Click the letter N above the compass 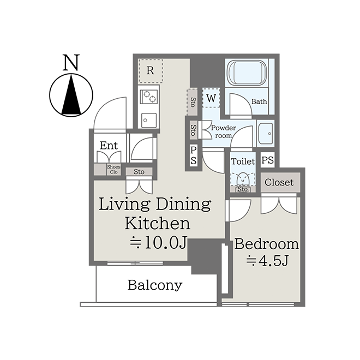[x=71, y=62]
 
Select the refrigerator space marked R [x=151, y=71]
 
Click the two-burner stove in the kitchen [x=149, y=97]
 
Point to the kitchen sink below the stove [x=149, y=120]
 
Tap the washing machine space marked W [x=211, y=98]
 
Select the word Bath [x=259, y=101]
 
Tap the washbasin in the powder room [x=266, y=134]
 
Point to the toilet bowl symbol [x=243, y=179]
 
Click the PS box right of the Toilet [x=267, y=160]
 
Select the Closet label [x=279, y=183]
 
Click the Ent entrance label [x=109, y=145]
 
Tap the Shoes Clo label [x=113, y=170]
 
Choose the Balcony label [x=155, y=285]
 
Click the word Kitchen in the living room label [x=158, y=224]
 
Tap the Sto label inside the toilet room [x=242, y=189]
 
